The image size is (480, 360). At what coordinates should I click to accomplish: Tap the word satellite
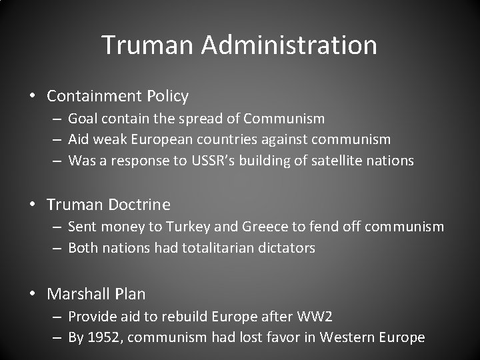point(337,161)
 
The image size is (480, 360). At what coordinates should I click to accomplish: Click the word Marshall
point(77,293)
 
